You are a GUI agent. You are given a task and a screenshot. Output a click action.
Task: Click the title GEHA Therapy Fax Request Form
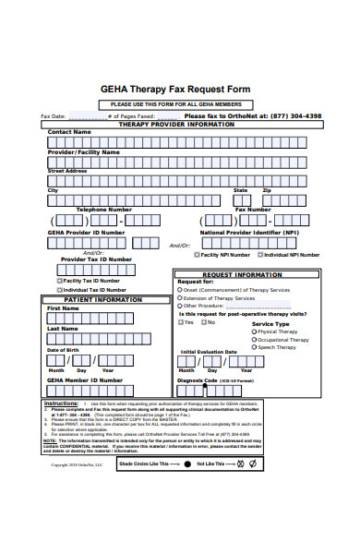[x=175, y=89]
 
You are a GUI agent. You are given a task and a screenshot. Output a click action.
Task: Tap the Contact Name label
[x=69, y=132]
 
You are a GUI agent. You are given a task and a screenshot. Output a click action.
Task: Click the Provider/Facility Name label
[x=83, y=151]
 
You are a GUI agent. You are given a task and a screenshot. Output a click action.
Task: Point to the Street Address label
[x=67, y=171]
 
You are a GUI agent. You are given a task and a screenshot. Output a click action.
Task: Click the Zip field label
[x=267, y=190]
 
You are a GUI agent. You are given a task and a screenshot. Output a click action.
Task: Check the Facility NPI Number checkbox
[x=197, y=255]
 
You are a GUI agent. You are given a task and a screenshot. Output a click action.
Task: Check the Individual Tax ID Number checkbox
[x=60, y=289]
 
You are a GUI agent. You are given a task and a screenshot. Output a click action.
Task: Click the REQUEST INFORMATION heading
[x=242, y=274]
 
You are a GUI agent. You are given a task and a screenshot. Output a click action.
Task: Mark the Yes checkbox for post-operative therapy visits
[x=181, y=322]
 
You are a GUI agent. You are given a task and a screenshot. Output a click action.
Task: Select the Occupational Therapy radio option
[x=253, y=340]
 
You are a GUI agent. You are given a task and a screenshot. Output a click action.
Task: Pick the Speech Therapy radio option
[x=253, y=348]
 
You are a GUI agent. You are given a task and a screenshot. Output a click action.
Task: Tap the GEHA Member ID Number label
[x=84, y=379]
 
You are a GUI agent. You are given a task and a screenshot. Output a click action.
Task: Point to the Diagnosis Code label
[x=198, y=379]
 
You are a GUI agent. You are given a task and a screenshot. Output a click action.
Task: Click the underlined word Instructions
[x=61, y=403]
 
